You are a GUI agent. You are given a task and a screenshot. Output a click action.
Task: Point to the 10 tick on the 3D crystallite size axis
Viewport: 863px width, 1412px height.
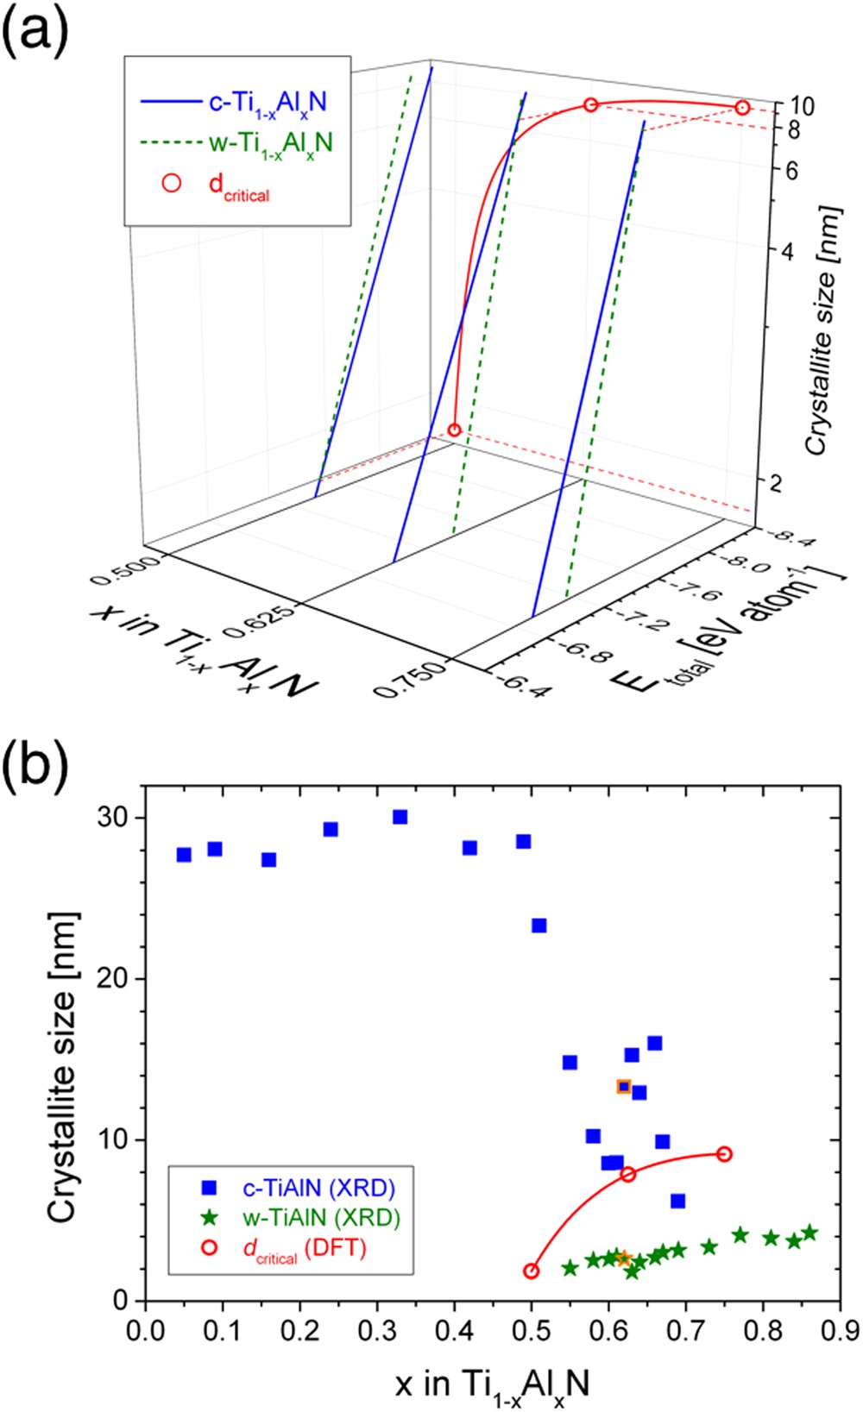point(802,106)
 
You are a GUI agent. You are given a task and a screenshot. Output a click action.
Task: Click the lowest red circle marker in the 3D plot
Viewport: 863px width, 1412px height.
point(455,430)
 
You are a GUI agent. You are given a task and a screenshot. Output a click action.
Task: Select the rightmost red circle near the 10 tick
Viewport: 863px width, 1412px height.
point(742,107)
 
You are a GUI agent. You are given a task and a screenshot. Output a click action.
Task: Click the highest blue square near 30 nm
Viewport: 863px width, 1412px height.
point(400,817)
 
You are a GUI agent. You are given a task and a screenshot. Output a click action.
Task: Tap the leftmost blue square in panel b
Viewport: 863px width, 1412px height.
point(184,855)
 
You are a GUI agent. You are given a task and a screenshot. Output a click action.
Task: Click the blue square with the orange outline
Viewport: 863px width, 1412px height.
point(624,1087)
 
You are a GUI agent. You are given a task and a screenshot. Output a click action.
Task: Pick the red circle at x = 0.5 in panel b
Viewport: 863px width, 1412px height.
point(532,1271)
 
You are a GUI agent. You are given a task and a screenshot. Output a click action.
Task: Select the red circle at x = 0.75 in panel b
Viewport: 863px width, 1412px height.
point(725,1154)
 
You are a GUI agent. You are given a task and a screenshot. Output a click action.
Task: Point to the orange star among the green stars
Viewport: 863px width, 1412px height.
point(624,1259)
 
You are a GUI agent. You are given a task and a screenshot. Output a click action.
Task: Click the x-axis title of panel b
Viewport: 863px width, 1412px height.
point(493,1384)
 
